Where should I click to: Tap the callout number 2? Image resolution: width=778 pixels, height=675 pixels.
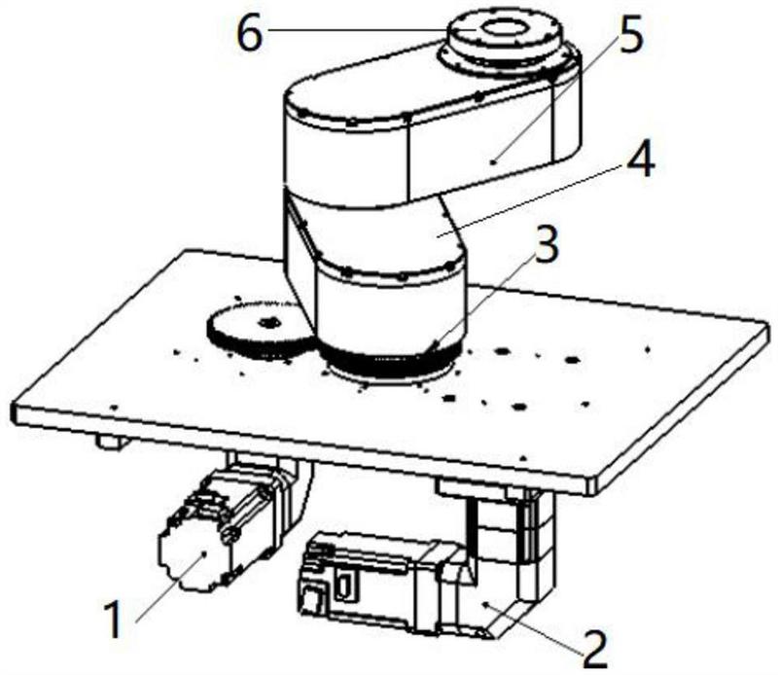(x=595, y=650)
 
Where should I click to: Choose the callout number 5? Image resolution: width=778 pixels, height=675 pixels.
(x=629, y=33)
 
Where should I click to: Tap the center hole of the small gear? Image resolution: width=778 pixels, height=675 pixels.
(x=270, y=323)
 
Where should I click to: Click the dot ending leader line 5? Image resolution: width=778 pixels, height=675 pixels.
(x=493, y=161)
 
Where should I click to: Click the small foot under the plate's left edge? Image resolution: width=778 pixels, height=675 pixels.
(x=110, y=442)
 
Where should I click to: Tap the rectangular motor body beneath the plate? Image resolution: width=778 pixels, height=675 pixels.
(x=368, y=582)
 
